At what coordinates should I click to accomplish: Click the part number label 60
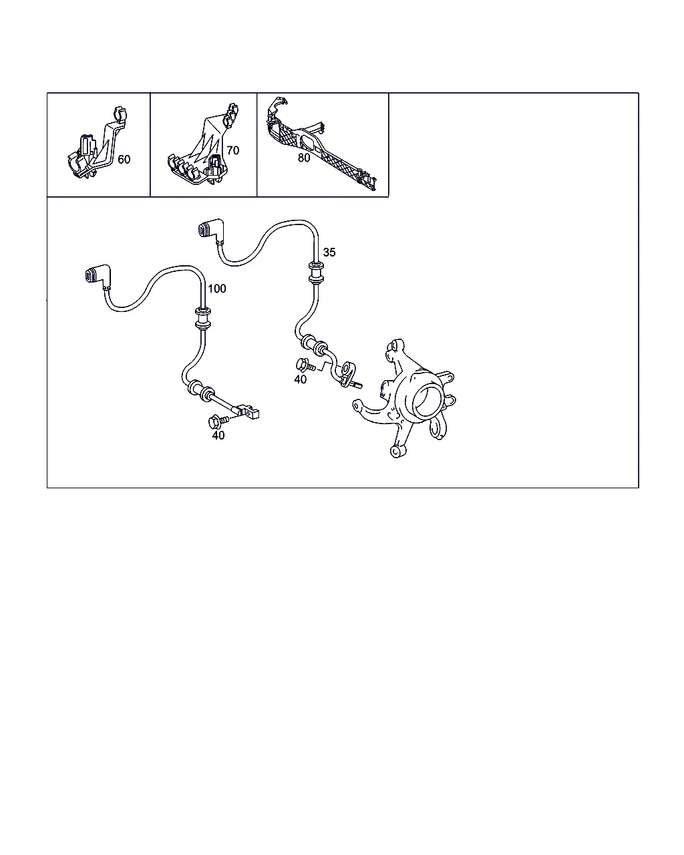click(124, 160)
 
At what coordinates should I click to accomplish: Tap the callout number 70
click(233, 150)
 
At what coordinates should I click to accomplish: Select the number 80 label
click(304, 158)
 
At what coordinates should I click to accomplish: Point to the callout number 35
click(329, 252)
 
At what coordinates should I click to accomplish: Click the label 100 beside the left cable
click(217, 289)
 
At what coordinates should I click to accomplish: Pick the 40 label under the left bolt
click(218, 436)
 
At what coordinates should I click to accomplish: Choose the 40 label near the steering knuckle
click(300, 379)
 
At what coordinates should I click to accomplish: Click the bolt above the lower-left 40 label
click(218, 421)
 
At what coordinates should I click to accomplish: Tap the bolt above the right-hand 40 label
click(305, 365)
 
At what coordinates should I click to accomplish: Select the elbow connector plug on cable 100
click(97, 275)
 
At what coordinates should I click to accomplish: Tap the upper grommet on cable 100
click(203, 318)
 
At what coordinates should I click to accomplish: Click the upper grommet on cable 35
click(316, 273)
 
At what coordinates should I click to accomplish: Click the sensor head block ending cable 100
click(249, 411)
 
